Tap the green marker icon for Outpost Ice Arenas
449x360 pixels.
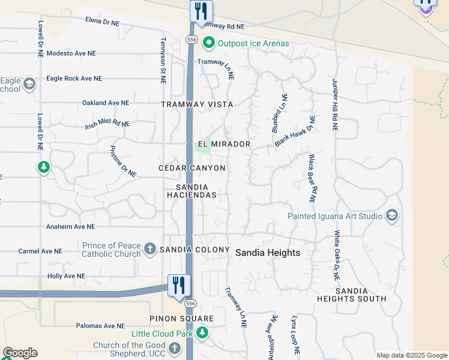(209, 43)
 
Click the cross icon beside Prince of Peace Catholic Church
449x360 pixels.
(150, 248)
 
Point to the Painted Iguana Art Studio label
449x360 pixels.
(335, 216)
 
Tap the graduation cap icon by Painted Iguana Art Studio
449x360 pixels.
(392, 215)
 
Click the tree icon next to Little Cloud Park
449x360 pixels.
(203, 332)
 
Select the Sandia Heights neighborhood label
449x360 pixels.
(267, 253)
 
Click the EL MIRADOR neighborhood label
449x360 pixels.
(224, 145)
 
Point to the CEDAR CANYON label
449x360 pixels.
(192, 169)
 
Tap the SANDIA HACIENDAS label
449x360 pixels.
(191, 191)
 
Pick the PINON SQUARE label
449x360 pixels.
(178, 318)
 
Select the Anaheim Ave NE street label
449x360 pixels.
(71, 227)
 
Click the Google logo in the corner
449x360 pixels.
(20, 353)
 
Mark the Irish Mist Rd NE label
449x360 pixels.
(107, 124)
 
